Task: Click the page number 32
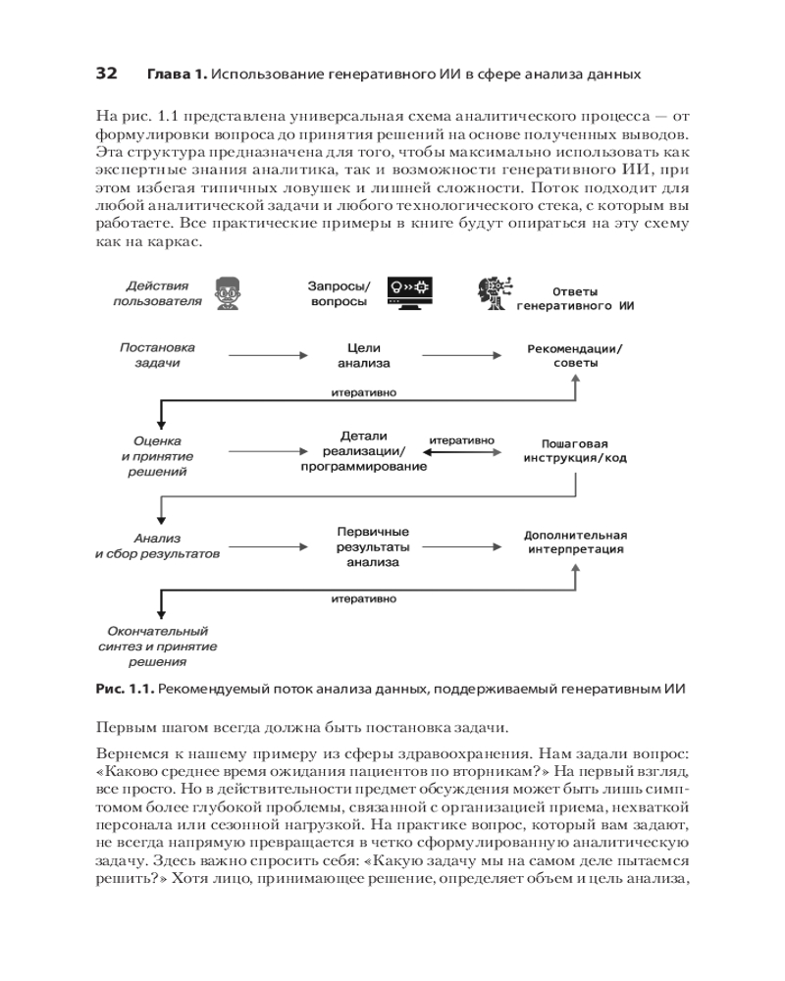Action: pos(106,75)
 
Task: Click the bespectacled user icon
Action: pos(226,292)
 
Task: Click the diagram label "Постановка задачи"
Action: pos(157,355)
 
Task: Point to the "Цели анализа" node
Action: pos(364,355)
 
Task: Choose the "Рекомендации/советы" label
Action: pos(575,355)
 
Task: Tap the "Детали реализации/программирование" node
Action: pos(364,451)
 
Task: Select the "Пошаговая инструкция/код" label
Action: pos(575,450)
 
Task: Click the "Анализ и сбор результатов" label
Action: pos(157,545)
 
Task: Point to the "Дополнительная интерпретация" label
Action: pos(575,542)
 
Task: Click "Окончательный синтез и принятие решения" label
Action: pos(157,646)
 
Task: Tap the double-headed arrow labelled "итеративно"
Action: pos(461,453)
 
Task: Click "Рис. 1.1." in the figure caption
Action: pos(125,691)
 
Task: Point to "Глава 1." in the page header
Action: pos(177,75)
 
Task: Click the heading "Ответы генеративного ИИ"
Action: pos(575,298)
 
